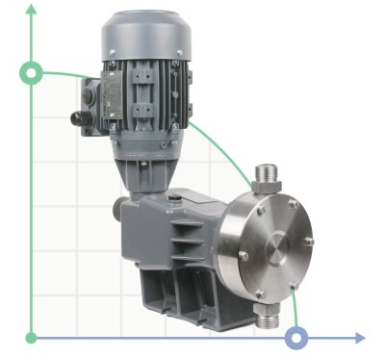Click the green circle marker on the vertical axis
coord(32,73)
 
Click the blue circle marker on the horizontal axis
coord(297,337)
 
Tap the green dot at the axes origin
coord(32,337)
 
